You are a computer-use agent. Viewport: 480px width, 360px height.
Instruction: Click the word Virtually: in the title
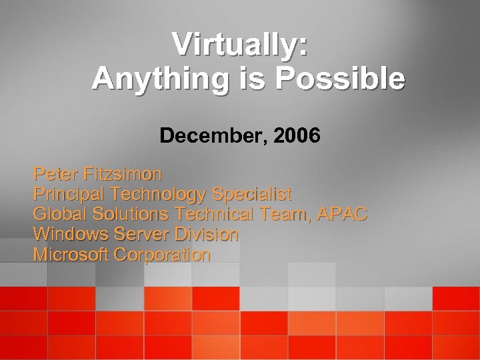coord(241,45)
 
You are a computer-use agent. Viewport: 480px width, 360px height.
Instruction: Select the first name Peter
coord(55,175)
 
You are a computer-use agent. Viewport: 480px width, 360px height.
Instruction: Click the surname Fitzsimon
coord(122,175)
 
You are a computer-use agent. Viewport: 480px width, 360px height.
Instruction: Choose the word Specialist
coord(251,195)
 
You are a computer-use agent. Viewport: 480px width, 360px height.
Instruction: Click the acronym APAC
coord(343,215)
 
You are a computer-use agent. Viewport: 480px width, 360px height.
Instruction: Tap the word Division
coord(206,235)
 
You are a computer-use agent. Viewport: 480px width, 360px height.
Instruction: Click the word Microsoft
coord(72,255)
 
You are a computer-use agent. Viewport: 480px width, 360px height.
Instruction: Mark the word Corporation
coord(163,255)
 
